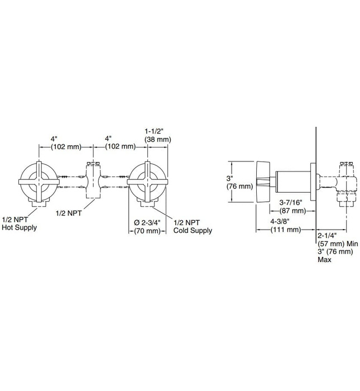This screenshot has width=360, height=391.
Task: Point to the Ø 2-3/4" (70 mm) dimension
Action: tap(147, 227)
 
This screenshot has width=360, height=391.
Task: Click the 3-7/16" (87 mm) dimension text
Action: tap(290, 207)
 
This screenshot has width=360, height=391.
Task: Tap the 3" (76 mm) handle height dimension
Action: tap(234, 181)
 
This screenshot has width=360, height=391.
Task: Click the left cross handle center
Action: tap(39, 182)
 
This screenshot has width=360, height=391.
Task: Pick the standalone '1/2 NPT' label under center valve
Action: tap(70, 212)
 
